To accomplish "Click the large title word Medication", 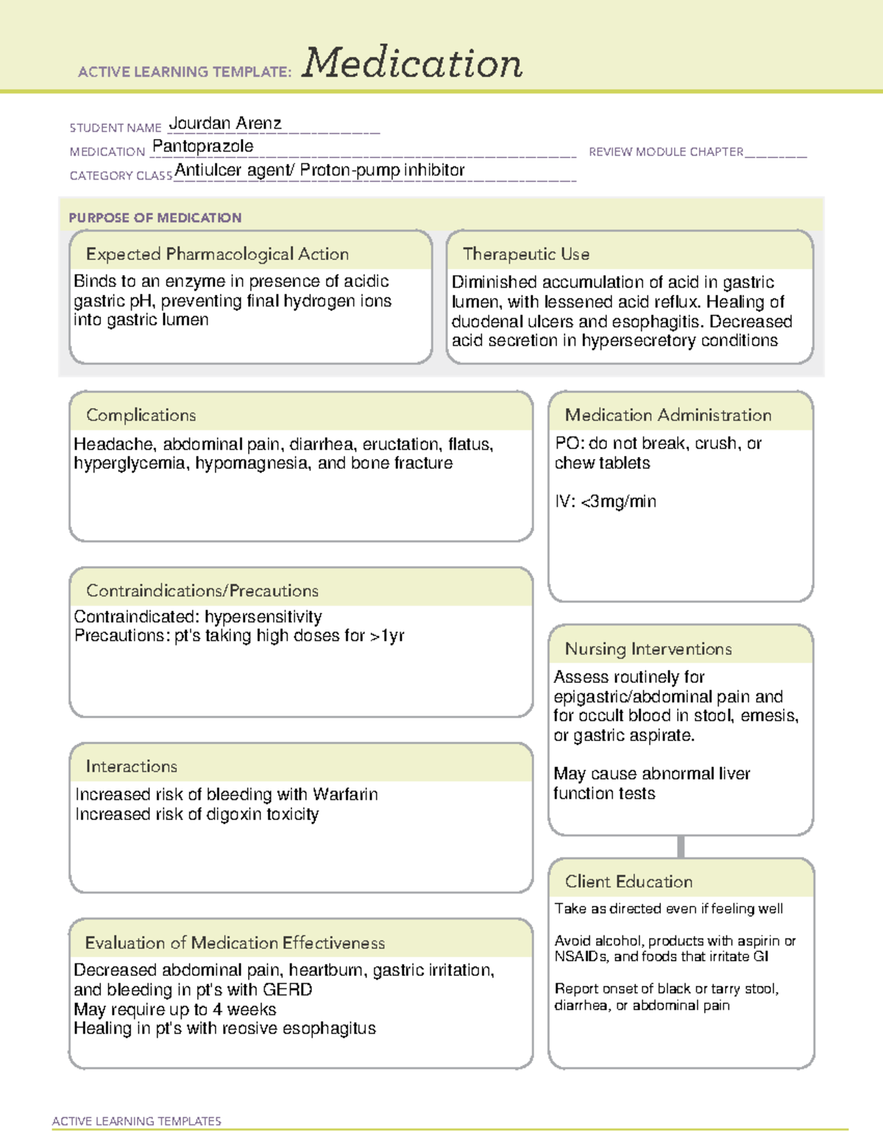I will pyautogui.click(x=412, y=63).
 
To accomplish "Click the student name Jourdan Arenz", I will pyautogui.click(x=225, y=124).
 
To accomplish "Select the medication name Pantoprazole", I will pyautogui.click(x=203, y=146).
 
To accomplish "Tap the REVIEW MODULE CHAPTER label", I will pyautogui.click(x=666, y=152).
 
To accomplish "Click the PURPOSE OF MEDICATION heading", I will pyautogui.click(x=155, y=218).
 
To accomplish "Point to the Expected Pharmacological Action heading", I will pyautogui.click(x=217, y=254).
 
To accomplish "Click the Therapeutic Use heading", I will pyautogui.click(x=526, y=254).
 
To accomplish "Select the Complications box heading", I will pyautogui.click(x=141, y=415).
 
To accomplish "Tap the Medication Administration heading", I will pyautogui.click(x=668, y=415).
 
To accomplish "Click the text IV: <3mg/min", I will pyautogui.click(x=606, y=502).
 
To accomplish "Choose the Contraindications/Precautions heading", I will pyautogui.click(x=202, y=591).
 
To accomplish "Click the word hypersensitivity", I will pyautogui.click(x=263, y=617).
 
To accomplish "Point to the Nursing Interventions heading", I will pyautogui.click(x=648, y=649).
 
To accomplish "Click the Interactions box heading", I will pyautogui.click(x=132, y=767).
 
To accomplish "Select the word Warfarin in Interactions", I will pyautogui.click(x=345, y=795).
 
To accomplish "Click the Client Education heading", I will pyautogui.click(x=629, y=882).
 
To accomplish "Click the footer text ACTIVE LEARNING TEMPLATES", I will pyautogui.click(x=137, y=1121).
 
